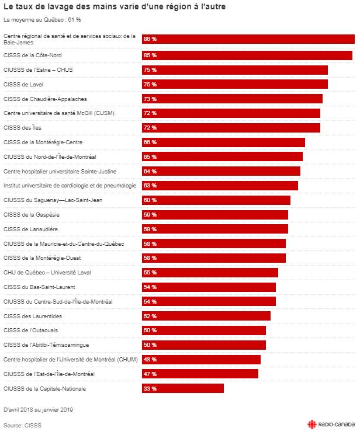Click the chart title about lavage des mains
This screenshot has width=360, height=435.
click(x=115, y=6)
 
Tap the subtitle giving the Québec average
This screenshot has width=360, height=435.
click(x=42, y=20)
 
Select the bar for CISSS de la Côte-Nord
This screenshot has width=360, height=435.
click(x=247, y=55)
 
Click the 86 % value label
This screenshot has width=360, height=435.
click(x=150, y=39)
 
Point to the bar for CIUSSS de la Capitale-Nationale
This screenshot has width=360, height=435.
click(x=183, y=388)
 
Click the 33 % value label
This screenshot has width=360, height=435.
click(x=150, y=389)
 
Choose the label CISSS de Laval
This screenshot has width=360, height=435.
click(x=23, y=85)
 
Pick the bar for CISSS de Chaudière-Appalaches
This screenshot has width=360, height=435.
click(x=232, y=99)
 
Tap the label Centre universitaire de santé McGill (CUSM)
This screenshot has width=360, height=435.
click(x=59, y=113)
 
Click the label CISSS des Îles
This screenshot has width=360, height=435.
click(x=22, y=128)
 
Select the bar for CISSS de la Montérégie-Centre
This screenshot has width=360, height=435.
click(x=223, y=142)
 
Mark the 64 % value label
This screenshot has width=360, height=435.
click(x=150, y=172)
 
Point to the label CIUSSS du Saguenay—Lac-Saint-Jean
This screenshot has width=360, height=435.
click(x=53, y=200)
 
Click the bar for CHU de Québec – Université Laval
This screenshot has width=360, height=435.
click(x=210, y=273)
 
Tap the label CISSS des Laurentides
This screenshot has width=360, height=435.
click(x=33, y=316)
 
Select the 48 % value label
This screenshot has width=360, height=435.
click(x=150, y=360)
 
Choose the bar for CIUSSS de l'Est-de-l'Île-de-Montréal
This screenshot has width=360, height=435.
click(x=200, y=374)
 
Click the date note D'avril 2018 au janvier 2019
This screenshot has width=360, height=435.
click(x=38, y=410)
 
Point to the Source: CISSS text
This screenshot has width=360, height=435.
click(x=22, y=426)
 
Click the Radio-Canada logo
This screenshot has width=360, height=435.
click(x=331, y=424)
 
